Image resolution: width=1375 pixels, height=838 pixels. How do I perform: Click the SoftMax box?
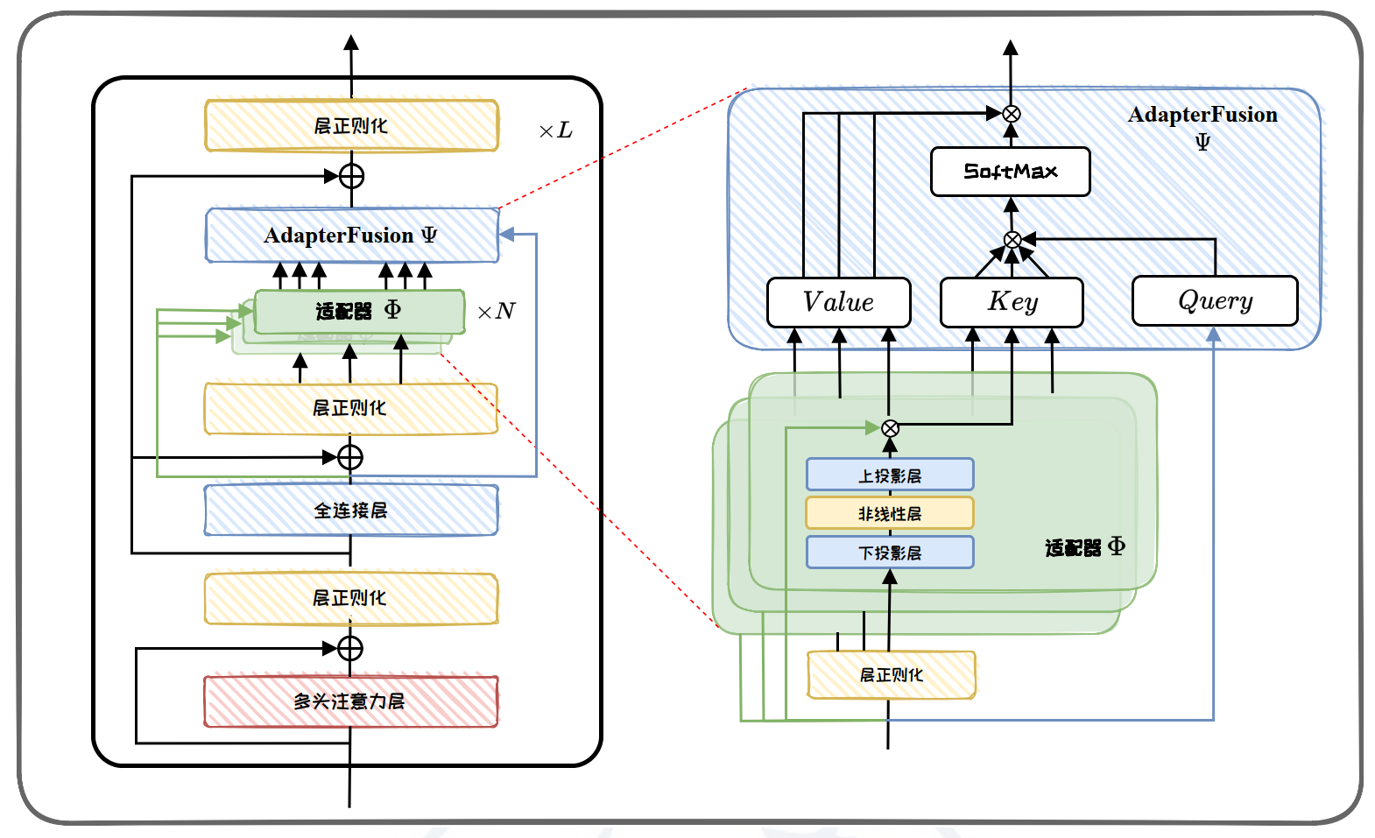tap(1010, 172)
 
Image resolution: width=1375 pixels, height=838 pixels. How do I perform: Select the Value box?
tap(838, 303)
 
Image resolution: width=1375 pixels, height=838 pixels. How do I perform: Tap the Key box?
tap(1012, 303)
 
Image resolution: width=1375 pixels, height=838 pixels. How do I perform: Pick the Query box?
tap(1215, 301)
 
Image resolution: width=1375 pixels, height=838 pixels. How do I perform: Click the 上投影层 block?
tap(889, 475)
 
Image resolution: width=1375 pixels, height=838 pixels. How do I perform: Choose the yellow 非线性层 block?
tap(889, 514)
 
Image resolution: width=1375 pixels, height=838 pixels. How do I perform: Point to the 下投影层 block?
tap(889, 553)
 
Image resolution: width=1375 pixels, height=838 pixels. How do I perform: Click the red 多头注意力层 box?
tap(350, 701)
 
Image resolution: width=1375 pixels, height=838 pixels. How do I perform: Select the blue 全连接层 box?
tap(350, 511)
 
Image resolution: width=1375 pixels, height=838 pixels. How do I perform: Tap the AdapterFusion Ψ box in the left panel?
tap(351, 236)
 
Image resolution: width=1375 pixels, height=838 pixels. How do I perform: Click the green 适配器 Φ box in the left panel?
tap(359, 311)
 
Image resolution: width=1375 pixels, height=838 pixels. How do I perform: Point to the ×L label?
tap(555, 131)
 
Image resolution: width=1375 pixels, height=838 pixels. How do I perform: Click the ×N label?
tap(497, 312)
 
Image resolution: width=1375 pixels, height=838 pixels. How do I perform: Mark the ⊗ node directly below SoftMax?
tap(1012, 240)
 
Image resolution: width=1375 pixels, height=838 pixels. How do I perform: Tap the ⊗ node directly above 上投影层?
tap(890, 428)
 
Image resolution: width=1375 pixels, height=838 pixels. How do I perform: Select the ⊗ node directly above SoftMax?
tap(1011, 114)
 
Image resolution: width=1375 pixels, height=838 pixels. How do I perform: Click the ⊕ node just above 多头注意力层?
tap(350, 648)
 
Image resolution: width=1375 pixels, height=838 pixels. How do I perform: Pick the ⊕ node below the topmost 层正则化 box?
tap(351, 176)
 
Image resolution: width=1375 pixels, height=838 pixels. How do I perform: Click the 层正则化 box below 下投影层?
tap(891, 675)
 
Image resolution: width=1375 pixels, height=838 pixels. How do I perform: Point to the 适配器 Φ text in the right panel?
tap(1084, 548)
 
